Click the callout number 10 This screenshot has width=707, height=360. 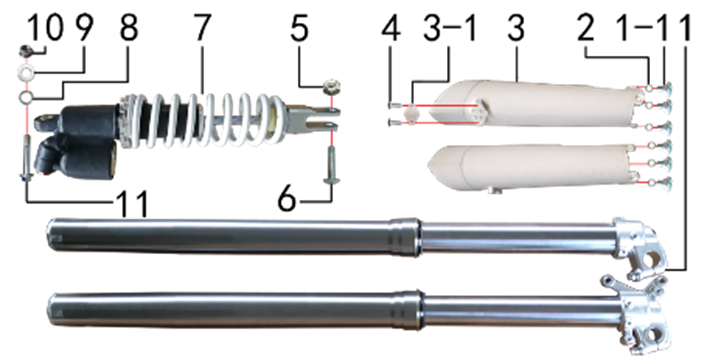[46, 29]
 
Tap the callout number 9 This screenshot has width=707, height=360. [83, 29]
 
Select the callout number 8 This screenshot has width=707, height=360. [129, 29]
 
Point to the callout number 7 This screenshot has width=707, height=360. [201, 29]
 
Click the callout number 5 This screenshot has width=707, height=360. [299, 29]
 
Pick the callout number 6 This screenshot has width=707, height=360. [287, 199]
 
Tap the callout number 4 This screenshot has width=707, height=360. [390, 29]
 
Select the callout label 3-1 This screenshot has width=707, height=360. [450, 29]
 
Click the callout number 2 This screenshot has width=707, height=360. [585, 29]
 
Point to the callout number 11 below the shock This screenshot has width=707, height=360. [132, 203]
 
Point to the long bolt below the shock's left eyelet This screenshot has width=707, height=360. [26, 159]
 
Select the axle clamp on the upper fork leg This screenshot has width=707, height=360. [639, 248]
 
